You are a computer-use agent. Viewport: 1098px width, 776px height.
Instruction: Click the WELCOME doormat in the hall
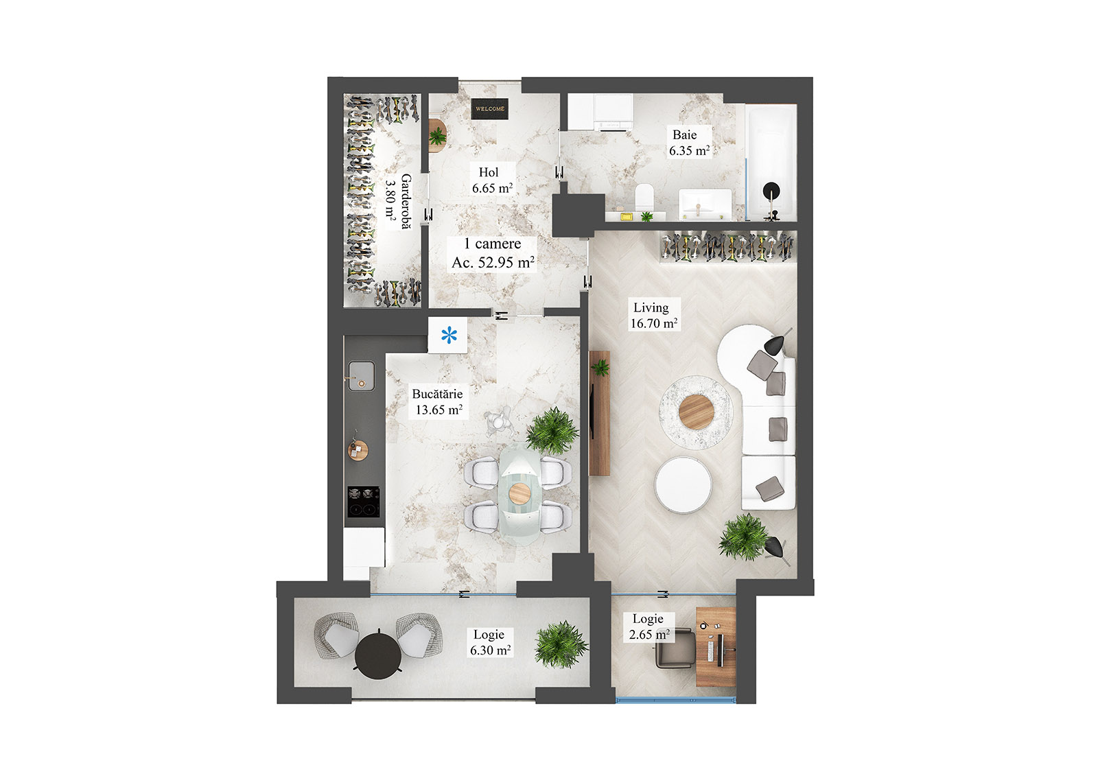click(490, 108)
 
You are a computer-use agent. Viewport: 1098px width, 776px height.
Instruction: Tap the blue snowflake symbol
click(449, 336)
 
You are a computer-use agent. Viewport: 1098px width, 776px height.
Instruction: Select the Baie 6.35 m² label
click(688, 143)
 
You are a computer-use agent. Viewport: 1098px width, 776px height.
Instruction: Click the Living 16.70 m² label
click(653, 316)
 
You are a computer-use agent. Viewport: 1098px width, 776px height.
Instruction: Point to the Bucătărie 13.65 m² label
click(438, 402)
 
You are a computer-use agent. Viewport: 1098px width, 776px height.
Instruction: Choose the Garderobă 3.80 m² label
click(398, 201)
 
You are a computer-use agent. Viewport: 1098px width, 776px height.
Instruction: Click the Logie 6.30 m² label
click(490, 642)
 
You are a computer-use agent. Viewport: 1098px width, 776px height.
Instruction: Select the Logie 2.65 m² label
click(649, 626)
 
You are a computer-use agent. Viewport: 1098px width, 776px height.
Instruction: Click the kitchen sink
click(361, 375)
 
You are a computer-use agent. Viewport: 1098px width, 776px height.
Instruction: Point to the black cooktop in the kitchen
click(363, 501)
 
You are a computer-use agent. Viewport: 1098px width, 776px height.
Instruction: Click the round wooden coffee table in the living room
click(696, 411)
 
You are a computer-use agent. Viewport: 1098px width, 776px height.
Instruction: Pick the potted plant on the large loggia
click(560, 644)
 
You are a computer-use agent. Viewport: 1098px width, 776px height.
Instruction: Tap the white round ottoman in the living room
click(683, 484)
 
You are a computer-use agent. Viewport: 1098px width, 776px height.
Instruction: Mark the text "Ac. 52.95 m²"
click(493, 262)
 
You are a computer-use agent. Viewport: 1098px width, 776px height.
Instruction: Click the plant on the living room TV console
click(600, 368)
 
